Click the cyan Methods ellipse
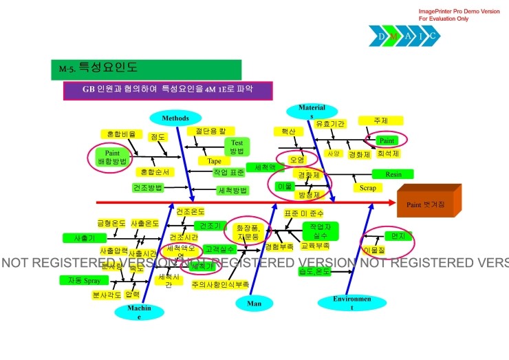tap(175, 118)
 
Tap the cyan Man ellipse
tap(254, 303)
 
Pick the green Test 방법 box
tap(237, 147)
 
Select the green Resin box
tap(393, 174)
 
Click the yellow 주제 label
tap(380, 120)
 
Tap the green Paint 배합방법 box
tap(113, 156)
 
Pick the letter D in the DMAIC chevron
tap(381, 35)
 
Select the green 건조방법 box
tap(147, 187)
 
